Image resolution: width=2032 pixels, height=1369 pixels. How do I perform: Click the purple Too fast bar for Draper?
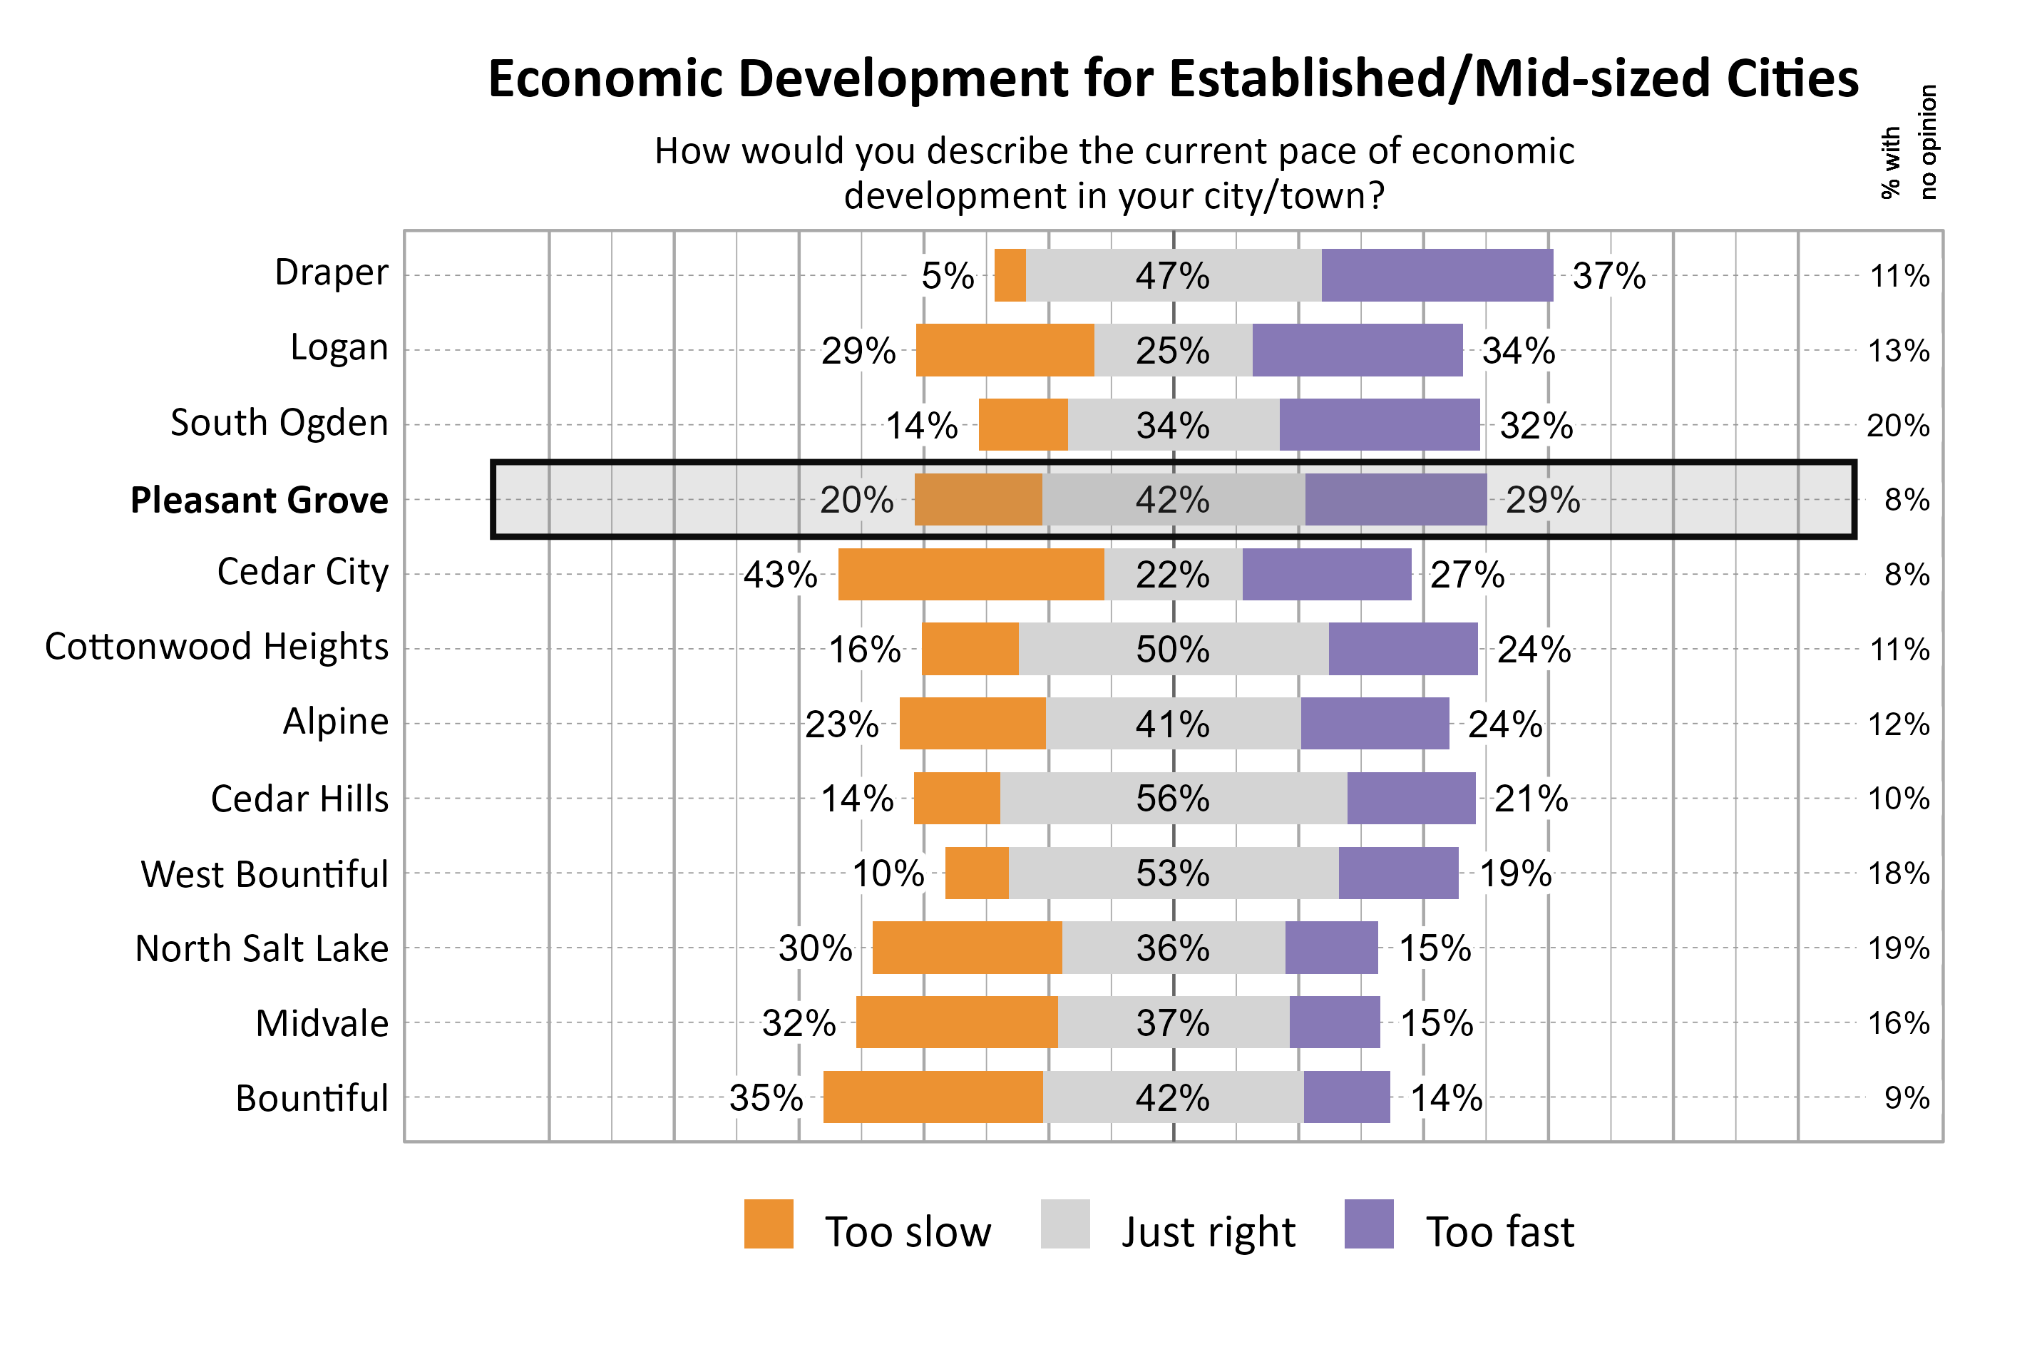(1437, 275)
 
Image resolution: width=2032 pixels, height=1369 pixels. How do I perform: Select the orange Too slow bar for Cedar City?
(970, 575)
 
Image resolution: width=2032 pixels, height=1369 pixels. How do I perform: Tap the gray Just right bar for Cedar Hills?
(1173, 798)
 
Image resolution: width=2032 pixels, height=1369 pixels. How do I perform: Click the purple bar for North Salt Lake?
(1331, 948)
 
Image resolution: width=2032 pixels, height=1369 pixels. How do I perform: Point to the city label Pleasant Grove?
(260, 501)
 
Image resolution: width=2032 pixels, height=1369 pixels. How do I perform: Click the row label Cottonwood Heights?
(217, 647)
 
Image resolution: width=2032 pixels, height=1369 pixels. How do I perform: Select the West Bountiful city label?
(265, 874)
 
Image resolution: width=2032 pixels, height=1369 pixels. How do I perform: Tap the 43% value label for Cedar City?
(780, 575)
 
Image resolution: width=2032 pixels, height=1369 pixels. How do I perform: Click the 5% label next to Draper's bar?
(947, 276)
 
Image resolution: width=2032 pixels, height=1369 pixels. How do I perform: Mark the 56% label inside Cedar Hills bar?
(1172, 798)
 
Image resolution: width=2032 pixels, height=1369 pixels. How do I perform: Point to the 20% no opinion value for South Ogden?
(1897, 425)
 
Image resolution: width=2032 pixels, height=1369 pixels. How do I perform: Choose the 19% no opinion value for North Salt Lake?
(1897, 948)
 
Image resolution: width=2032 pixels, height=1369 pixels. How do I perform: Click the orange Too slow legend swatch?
(768, 1224)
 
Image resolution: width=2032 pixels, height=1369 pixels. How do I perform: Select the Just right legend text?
(1208, 1232)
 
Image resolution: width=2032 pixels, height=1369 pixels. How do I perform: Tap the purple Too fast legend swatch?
(1369, 1224)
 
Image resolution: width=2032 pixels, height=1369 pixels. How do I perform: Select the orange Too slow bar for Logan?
(1005, 350)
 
